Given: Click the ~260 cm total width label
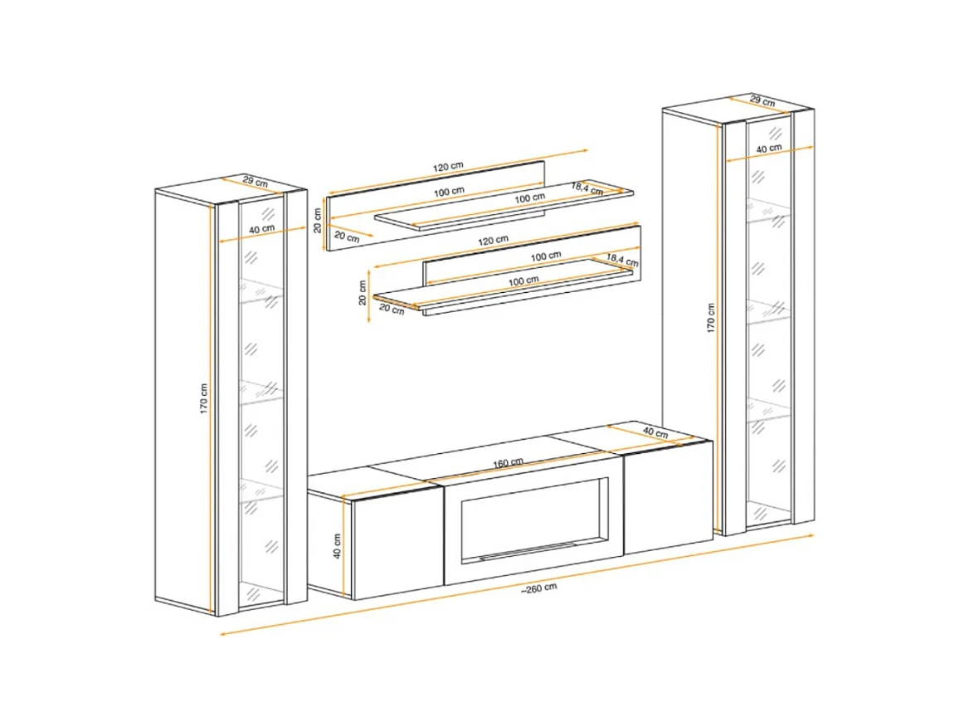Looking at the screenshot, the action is pyautogui.click(x=538, y=588).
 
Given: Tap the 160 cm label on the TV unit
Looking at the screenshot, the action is pyautogui.click(x=508, y=462).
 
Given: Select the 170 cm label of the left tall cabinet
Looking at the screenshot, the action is pyautogui.click(x=204, y=398).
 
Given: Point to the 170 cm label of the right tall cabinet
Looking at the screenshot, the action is pyautogui.click(x=711, y=318).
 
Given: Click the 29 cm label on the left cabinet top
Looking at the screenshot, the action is pyautogui.click(x=256, y=182).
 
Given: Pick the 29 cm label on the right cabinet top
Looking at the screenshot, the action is pyautogui.click(x=762, y=100).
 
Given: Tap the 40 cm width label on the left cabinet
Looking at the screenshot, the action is pyautogui.click(x=261, y=229).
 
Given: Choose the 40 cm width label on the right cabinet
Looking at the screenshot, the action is pyautogui.click(x=769, y=149).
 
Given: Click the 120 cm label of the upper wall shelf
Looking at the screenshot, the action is pyautogui.click(x=448, y=166).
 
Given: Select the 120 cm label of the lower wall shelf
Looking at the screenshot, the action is pyautogui.click(x=493, y=240).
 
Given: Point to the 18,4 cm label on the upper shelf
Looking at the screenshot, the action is pyautogui.click(x=587, y=188).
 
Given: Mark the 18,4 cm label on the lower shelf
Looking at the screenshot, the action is pyautogui.click(x=622, y=260).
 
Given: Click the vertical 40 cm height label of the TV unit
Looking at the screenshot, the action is pyautogui.click(x=337, y=546).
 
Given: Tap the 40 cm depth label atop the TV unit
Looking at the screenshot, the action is pyautogui.click(x=655, y=432).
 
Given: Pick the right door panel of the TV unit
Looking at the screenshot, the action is pyautogui.click(x=667, y=498).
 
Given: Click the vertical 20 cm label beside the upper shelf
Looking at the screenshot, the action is pyautogui.click(x=317, y=220).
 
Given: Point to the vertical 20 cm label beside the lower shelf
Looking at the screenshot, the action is pyautogui.click(x=363, y=292).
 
